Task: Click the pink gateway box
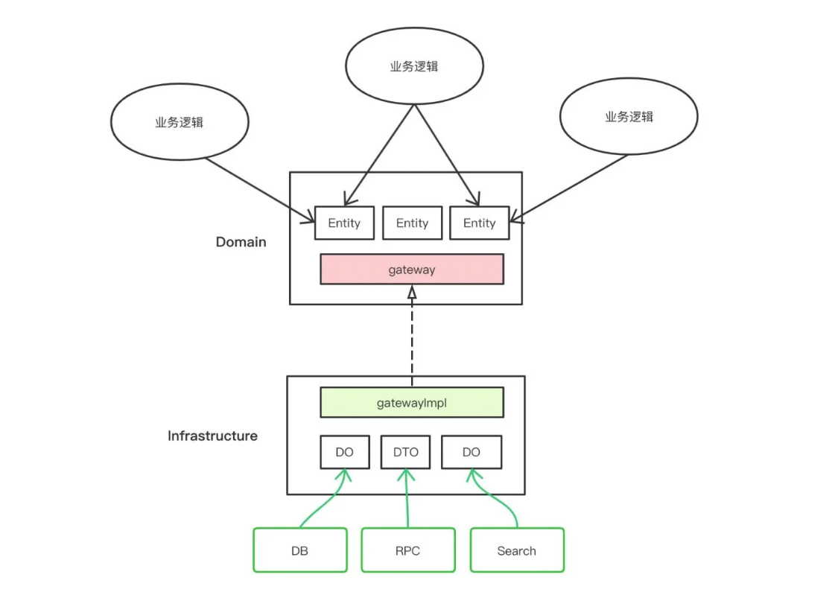tap(411, 270)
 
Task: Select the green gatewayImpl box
tap(411, 402)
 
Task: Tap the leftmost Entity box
tap(344, 223)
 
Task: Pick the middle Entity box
tap(412, 223)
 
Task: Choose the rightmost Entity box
tap(479, 223)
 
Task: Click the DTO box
tap(405, 452)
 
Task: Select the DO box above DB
tap(344, 452)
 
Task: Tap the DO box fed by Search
tap(471, 452)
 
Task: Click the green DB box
tap(299, 550)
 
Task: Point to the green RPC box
tap(407, 550)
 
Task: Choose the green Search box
tap(516, 550)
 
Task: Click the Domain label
tap(241, 242)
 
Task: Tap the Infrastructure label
tap(212, 436)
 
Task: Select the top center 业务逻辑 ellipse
tap(414, 66)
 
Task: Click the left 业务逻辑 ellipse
tap(179, 123)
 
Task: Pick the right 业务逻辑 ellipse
tap(629, 117)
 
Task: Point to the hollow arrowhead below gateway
tap(411, 293)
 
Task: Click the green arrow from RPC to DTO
tap(407, 499)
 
